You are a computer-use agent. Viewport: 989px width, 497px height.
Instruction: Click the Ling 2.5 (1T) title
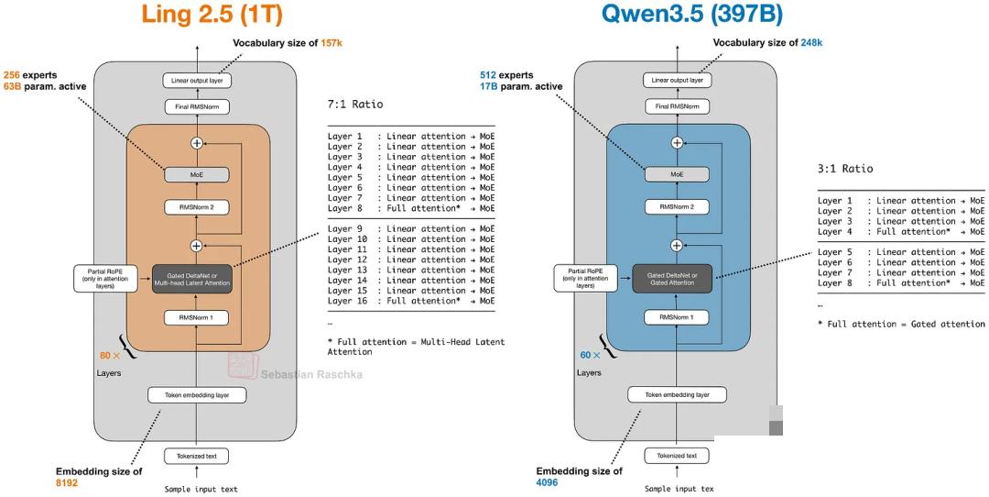pyautogui.click(x=212, y=15)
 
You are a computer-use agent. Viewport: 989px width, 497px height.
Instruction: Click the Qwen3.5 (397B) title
pyautogui.click(x=691, y=15)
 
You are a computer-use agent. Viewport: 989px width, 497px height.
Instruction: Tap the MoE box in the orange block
pyautogui.click(x=197, y=173)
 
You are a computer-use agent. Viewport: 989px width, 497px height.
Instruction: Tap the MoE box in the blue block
pyautogui.click(x=677, y=173)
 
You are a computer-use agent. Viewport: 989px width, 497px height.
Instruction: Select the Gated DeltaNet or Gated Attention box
pyautogui.click(x=677, y=278)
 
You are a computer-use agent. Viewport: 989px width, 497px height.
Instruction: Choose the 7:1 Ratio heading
pyautogui.click(x=356, y=105)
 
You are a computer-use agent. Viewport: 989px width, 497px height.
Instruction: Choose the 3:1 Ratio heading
pyautogui.click(x=845, y=169)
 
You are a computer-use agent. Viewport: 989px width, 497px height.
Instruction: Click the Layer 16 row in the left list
pyautogui.click(x=411, y=301)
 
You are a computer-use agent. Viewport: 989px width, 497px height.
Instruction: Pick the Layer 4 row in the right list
pyautogui.click(x=901, y=232)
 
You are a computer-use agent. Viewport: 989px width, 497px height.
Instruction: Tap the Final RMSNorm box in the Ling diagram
pyautogui.click(x=197, y=107)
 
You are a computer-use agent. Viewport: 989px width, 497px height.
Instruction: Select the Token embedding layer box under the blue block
pyautogui.click(x=677, y=395)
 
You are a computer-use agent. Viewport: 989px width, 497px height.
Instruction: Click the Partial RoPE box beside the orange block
pyautogui.click(x=103, y=278)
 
